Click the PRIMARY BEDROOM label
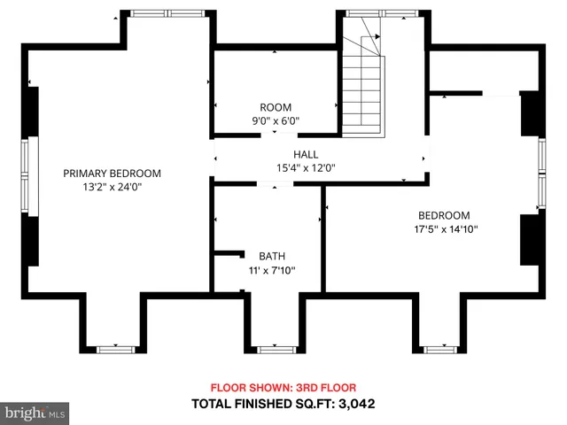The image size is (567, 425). pyautogui.click(x=112, y=174)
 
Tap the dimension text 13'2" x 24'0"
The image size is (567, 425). pyautogui.click(x=112, y=188)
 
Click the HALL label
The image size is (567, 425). pyautogui.click(x=307, y=153)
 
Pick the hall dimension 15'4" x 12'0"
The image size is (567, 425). pyautogui.click(x=307, y=167)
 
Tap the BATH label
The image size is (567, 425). pyautogui.click(x=271, y=257)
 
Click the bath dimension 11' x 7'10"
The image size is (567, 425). pyautogui.click(x=271, y=271)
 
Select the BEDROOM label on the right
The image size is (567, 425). pyautogui.click(x=444, y=215)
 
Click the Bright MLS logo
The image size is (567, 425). pyautogui.click(x=35, y=412)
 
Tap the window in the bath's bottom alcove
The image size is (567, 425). pyautogui.click(x=275, y=350)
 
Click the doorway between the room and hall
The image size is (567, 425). pyautogui.click(x=275, y=135)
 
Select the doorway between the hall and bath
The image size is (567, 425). pyautogui.click(x=275, y=184)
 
